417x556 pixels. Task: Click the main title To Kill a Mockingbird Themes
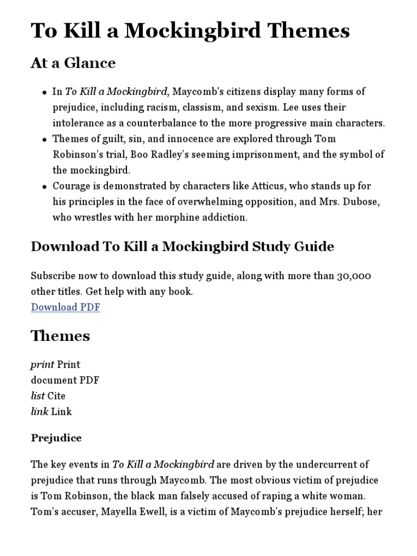(190, 31)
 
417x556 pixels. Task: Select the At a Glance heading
(73, 64)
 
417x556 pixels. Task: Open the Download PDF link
(65, 307)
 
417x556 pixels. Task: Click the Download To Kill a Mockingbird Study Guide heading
(182, 247)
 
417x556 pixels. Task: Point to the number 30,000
(353, 276)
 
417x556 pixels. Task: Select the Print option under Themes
(55, 364)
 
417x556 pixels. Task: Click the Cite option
(48, 396)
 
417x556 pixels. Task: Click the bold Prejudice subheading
(56, 438)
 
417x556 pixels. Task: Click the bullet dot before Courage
(44, 187)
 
